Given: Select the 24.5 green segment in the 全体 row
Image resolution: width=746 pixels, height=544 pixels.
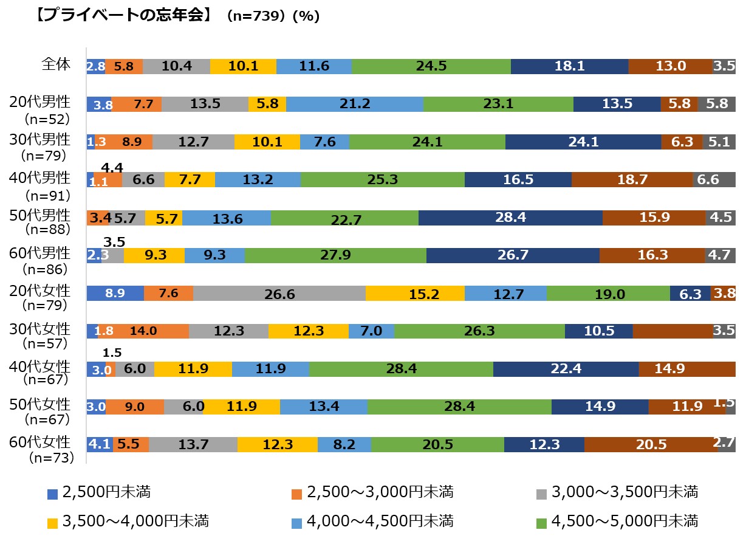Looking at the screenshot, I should coord(431,66).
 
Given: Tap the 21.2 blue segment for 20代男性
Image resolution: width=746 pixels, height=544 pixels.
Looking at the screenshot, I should coord(355,104).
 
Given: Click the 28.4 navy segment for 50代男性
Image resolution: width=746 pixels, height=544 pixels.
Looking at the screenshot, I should coord(510,218).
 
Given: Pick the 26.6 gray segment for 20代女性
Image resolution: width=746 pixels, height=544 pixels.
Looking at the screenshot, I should coord(279,294).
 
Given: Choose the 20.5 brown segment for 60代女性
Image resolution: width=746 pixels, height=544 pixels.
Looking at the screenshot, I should coord(651,444).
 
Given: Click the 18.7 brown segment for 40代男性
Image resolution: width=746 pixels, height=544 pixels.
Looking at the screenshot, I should coord(632,180).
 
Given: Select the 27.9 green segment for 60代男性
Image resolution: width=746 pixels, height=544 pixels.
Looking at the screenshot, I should coord(335,255).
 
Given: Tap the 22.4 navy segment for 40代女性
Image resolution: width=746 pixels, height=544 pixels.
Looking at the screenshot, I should coord(566,369).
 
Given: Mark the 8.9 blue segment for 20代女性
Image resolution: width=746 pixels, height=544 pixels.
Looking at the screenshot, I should coord(115,294).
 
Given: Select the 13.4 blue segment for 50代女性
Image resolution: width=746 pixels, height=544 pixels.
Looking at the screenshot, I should coord(323,407).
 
